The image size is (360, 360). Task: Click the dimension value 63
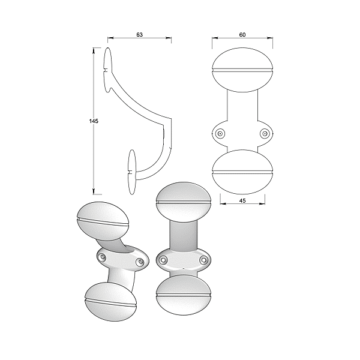[139, 35]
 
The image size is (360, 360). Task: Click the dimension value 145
[94, 121]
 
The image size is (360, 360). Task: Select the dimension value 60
[242, 35]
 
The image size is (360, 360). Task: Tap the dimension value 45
[242, 200]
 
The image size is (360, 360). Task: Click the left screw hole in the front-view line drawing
[220, 134]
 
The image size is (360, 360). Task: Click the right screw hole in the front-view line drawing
[265, 134]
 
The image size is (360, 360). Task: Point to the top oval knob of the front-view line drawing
[242, 70]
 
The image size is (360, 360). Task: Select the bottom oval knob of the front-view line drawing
[242, 172]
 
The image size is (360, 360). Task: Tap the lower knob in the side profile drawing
[132, 172]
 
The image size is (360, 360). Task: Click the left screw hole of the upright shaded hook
[163, 260]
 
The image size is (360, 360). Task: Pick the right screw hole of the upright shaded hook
[203, 260]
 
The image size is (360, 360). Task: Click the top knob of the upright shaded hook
[184, 202]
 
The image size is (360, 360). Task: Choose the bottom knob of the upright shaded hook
[184, 295]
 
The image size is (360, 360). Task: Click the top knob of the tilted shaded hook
[103, 221]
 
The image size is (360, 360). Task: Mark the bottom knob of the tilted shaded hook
[110, 302]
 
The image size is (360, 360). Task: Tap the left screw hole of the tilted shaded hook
[102, 256]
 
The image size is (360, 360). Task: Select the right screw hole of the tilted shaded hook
[140, 262]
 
